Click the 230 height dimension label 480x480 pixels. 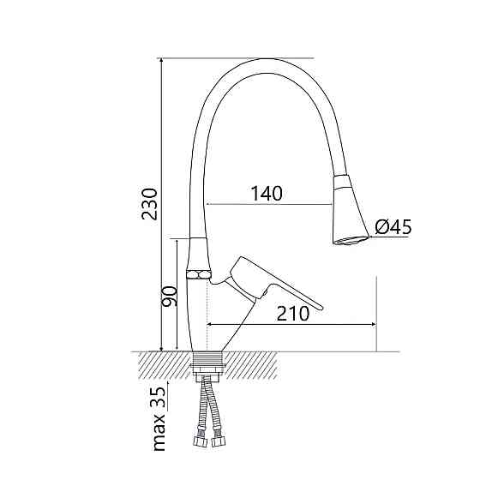click(x=149, y=204)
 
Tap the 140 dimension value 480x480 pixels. click(x=267, y=194)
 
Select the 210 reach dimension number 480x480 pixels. click(x=293, y=314)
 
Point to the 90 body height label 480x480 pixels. click(x=170, y=297)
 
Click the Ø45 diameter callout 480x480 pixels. click(x=393, y=227)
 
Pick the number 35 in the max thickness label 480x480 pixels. click(x=158, y=398)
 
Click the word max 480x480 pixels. click(x=159, y=432)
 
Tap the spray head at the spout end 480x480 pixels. click(x=349, y=210)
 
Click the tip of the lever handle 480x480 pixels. click(x=321, y=308)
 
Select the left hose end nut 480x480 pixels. click(x=199, y=441)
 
